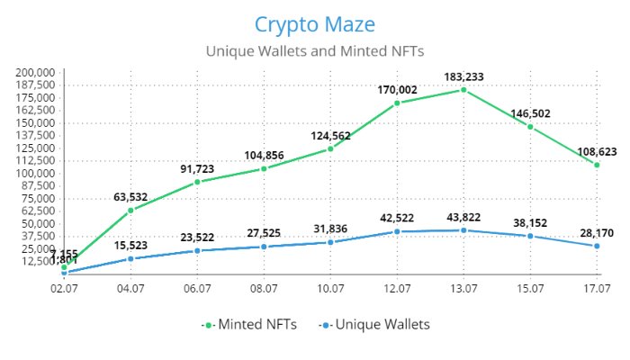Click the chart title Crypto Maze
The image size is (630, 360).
tap(314, 24)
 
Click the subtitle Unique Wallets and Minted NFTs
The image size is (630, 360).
tap(314, 51)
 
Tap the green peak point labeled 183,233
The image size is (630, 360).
tap(463, 90)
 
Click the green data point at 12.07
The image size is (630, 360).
tap(397, 103)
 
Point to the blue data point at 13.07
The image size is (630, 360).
tap(463, 230)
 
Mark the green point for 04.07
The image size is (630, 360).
tap(130, 211)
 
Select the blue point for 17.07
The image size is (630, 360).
tap(597, 246)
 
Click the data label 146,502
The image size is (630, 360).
tap(530, 113)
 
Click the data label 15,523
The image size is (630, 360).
tap(130, 245)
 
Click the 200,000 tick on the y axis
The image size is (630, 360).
tap(37, 72)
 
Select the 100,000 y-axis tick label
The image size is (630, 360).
tap(37, 174)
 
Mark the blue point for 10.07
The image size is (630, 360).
tap(330, 242)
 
